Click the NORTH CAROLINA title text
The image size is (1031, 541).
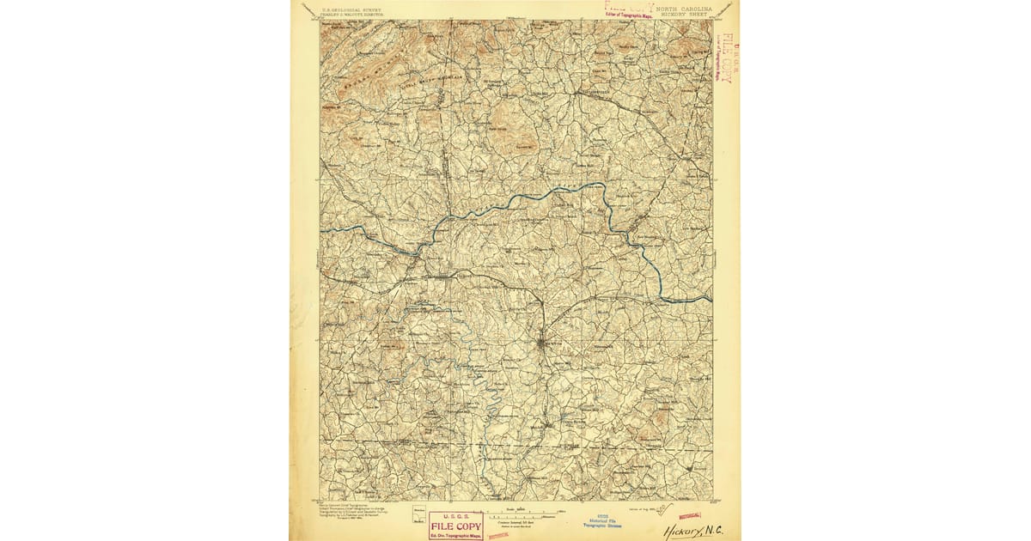(683, 7)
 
